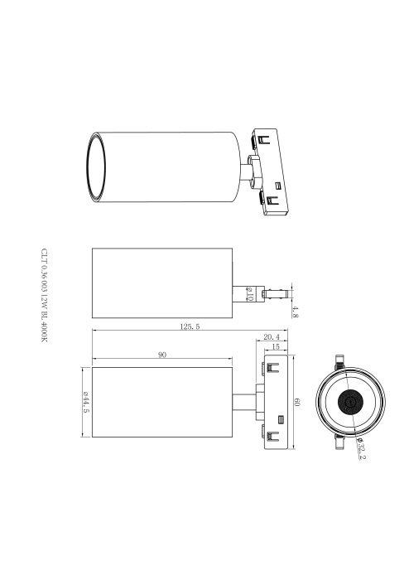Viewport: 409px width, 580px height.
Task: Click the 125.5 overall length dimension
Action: (x=189, y=327)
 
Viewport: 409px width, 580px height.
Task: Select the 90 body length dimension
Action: (x=162, y=355)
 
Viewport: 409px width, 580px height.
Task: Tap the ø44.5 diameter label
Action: (x=84, y=402)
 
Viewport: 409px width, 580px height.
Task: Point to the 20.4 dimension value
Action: (x=271, y=337)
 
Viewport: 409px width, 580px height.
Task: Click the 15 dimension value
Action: (x=276, y=347)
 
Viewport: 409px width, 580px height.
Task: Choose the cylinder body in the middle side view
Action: (x=162, y=283)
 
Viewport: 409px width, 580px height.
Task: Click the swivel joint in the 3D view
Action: (x=248, y=171)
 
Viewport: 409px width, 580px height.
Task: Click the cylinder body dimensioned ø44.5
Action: (x=162, y=402)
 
